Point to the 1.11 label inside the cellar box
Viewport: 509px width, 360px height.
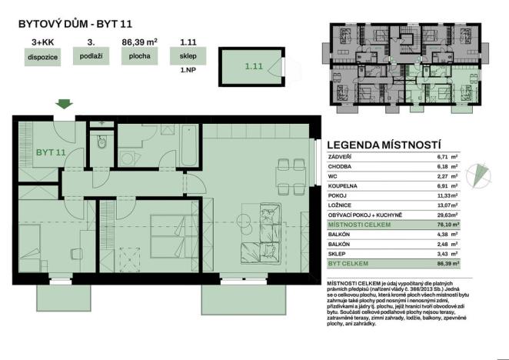tap(254, 67)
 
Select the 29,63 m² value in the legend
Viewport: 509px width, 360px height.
tap(448, 215)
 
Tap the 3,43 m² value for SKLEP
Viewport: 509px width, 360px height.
tap(448, 254)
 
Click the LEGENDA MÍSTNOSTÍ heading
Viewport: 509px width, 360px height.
tap(384, 144)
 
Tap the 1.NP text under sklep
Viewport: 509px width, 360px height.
tap(187, 68)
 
